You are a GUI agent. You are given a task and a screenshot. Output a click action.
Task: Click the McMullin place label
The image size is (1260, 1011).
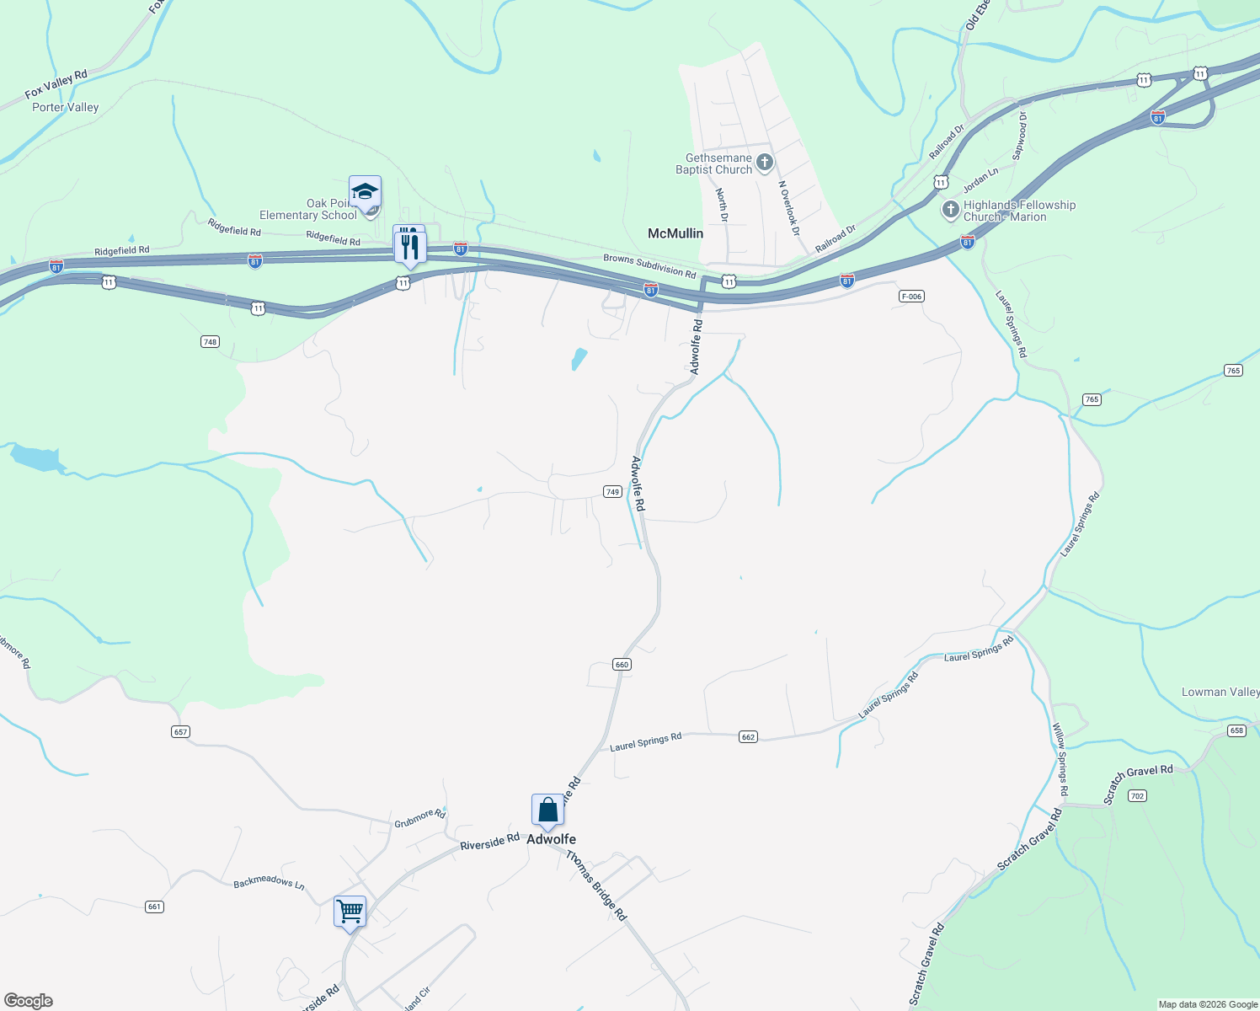675,233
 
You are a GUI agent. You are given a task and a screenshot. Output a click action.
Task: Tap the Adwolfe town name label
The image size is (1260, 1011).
551,839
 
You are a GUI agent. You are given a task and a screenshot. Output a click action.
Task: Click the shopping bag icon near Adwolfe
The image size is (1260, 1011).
547,810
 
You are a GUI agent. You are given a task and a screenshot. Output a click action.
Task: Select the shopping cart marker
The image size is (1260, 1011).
350,912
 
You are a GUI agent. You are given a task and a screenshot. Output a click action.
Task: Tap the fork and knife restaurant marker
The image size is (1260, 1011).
410,246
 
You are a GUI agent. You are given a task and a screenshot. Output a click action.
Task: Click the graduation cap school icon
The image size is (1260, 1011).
365,193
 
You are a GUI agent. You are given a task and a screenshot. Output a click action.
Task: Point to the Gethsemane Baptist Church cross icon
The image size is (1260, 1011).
765,162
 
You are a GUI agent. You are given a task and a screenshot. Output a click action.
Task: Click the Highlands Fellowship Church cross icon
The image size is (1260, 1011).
951,209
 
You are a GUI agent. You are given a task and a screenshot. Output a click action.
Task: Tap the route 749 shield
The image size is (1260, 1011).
612,492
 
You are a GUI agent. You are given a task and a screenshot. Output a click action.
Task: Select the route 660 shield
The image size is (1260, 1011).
622,665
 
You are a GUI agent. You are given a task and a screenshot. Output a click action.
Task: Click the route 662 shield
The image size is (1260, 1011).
748,737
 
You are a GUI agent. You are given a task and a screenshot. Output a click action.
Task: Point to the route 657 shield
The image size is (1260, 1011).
180,731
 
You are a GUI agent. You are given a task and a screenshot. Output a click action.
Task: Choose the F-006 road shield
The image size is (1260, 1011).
911,296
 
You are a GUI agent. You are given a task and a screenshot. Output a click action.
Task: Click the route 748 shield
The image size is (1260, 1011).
210,341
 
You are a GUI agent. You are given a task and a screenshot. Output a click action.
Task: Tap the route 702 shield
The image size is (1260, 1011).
1137,795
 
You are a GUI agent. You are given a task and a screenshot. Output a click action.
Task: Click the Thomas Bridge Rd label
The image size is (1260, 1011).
596,885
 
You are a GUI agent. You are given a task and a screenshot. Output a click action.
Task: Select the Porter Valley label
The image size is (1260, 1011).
66,107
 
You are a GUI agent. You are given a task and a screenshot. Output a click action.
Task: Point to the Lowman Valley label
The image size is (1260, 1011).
1220,692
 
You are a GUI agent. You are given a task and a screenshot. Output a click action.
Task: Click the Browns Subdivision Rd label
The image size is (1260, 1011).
649,265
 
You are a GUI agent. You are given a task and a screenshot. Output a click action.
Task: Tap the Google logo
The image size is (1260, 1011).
29,1001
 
